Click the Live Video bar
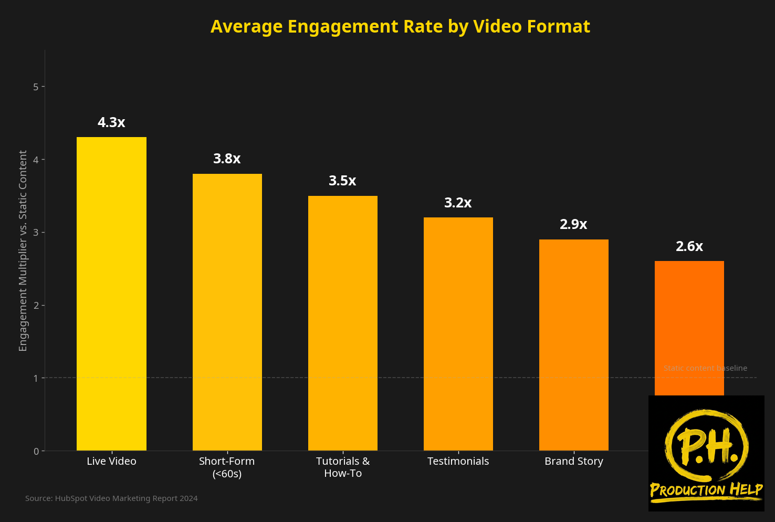pos(111,294)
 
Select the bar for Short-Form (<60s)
pos(227,312)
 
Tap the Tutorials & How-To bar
pos(342,323)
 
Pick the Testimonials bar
pos(458,334)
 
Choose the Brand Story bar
pos(573,345)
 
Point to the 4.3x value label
pos(111,122)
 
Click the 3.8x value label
pos(227,159)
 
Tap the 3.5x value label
pos(342,181)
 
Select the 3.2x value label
pos(458,203)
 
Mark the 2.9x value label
pos(573,224)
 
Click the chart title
pos(400,26)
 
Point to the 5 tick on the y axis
pos(36,87)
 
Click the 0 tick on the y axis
pos(36,451)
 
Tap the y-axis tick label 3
pos(36,233)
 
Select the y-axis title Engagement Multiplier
pos(23,250)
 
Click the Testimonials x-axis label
pos(458,461)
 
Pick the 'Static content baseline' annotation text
pos(705,368)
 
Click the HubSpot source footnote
pos(111,498)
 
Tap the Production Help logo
pos(706,453)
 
